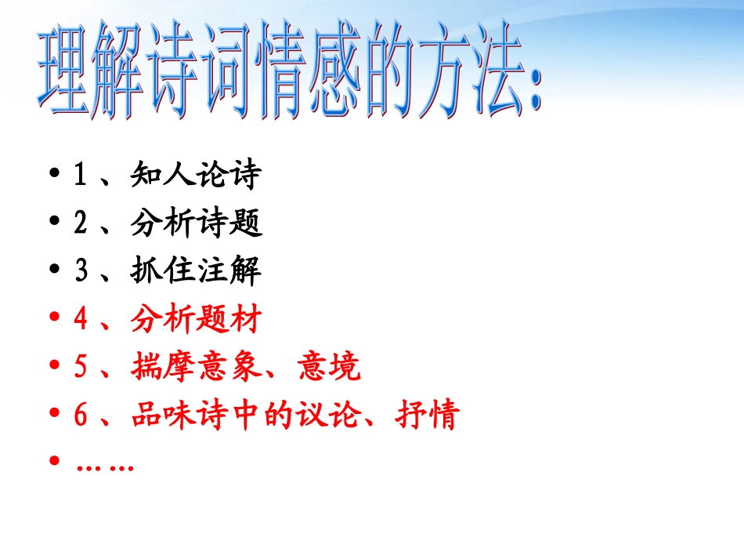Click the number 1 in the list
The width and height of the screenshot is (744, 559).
[80, 176]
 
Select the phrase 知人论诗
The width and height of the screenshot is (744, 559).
[195, 176]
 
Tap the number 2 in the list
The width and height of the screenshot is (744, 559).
[80, 224]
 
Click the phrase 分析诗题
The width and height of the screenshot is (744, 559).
[195, 224]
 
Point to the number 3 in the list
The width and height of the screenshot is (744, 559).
[80, 272]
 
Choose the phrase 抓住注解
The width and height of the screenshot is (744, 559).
[195, 272]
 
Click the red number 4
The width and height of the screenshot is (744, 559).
[80, 321]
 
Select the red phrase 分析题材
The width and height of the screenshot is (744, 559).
[195, 321]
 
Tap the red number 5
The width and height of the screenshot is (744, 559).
[80, 368]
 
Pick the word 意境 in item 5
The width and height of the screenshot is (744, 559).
[330, 368]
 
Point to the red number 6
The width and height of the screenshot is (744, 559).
[80, 416]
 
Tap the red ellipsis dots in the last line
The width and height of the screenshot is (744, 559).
[105, 466]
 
